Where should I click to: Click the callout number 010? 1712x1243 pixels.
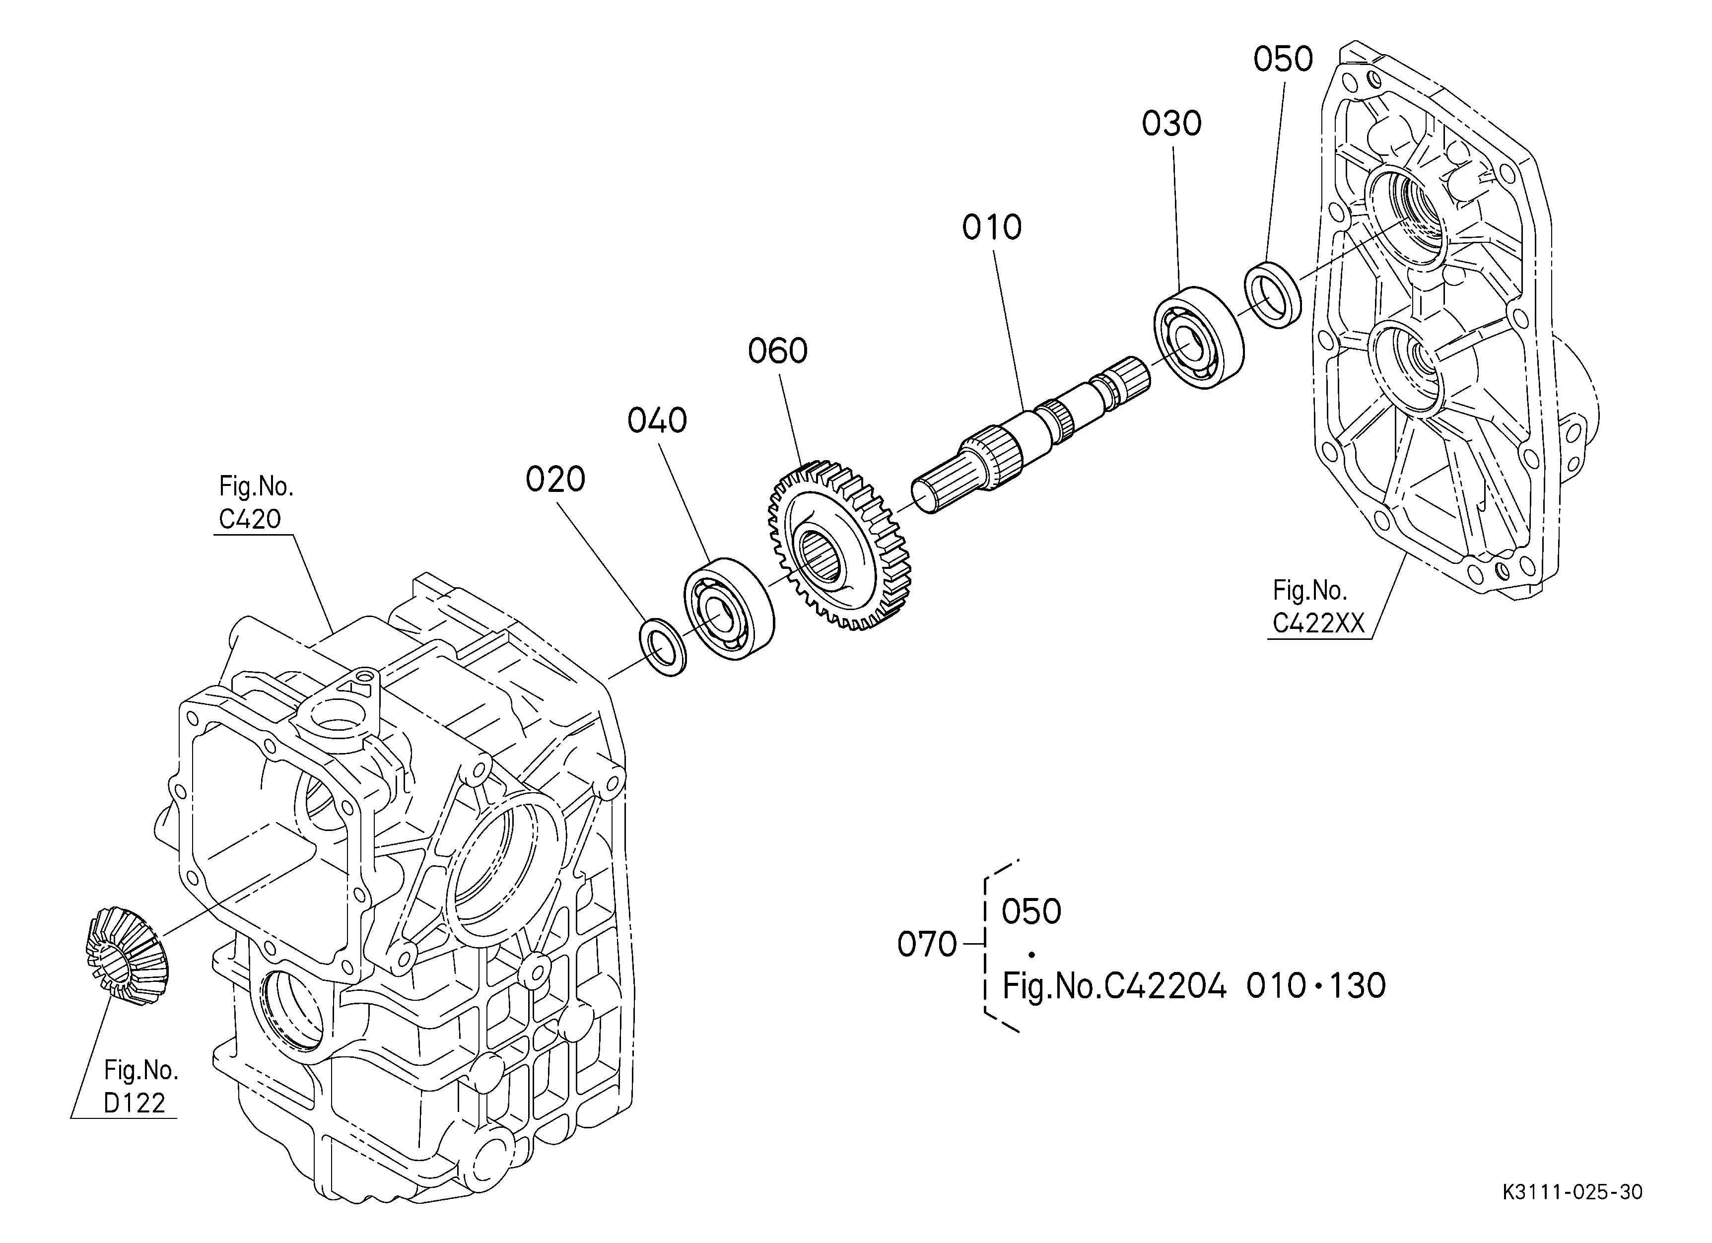coord(991,227)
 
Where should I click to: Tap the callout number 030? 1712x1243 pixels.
coord(1171,124)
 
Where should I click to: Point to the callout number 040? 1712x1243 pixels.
coord(657,420)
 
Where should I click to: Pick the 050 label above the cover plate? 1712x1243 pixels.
coord(1283,59)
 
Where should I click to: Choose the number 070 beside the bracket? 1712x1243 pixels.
coord(927,944)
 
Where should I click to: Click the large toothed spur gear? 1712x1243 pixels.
coord(839,545)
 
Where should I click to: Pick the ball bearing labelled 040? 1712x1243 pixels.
coord(728,609)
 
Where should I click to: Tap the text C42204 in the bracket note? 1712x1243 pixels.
coord(1165,986)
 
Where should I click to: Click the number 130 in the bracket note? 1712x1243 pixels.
coord(1357,986)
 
